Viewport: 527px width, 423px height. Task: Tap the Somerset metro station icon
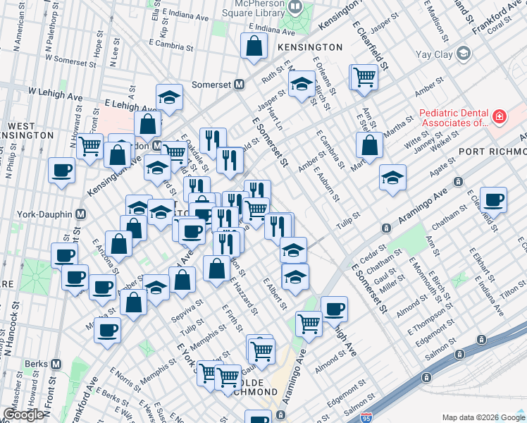tap(240, 85)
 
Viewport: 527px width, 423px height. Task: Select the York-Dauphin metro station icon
tap(81, 214)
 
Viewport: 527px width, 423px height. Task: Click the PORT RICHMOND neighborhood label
tap(492, 152)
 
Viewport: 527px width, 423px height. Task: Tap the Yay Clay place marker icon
tap(463, 53)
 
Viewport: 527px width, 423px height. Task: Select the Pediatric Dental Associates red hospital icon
tap(499, 116)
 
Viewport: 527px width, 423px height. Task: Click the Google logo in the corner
tap(23, 415)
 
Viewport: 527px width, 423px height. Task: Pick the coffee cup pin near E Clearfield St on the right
tap(494, 200)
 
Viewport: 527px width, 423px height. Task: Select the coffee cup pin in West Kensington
tap(61, 171)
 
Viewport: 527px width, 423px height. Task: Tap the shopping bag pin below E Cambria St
tap(369, 145)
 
